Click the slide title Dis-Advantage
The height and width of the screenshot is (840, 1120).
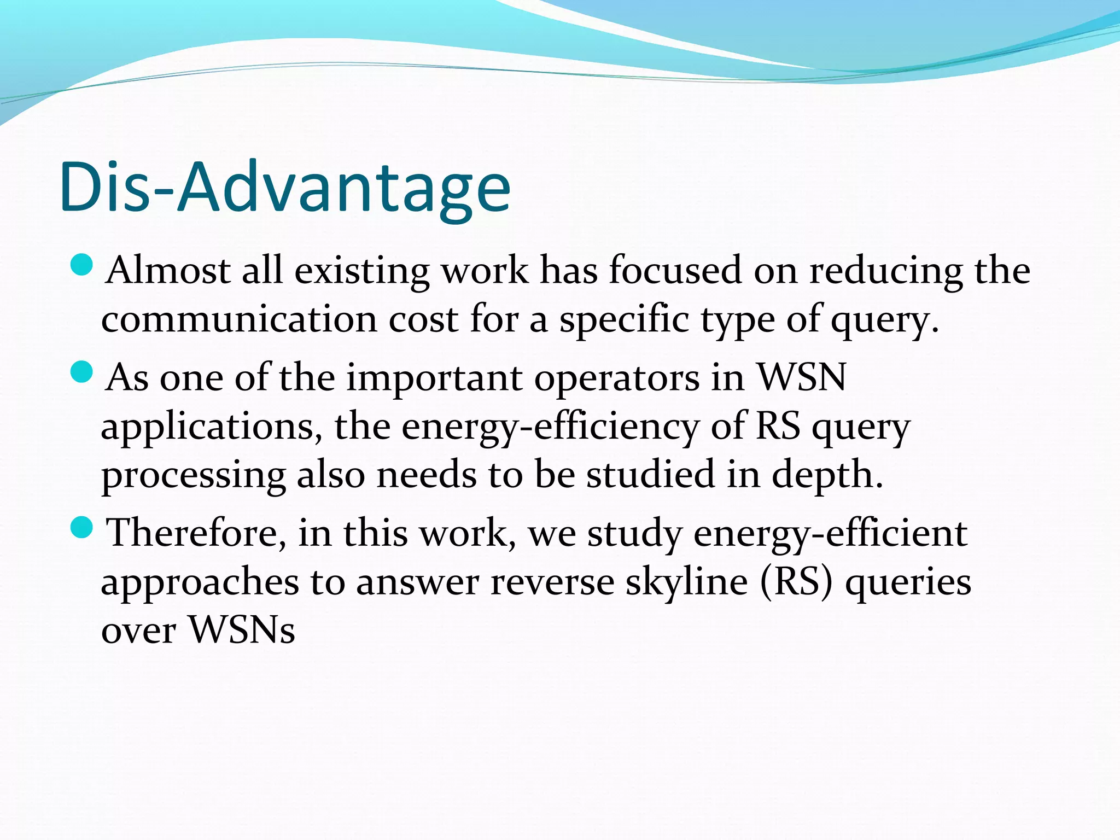point(284,187)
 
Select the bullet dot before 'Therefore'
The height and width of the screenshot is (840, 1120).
point(82,527)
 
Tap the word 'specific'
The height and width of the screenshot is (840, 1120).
point(624,319)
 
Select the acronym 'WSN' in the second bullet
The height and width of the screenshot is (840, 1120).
point(802,377)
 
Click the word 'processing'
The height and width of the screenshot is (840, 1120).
point(194,475)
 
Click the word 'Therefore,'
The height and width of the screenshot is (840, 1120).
point(196,533)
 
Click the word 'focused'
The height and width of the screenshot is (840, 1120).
point(675,270)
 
